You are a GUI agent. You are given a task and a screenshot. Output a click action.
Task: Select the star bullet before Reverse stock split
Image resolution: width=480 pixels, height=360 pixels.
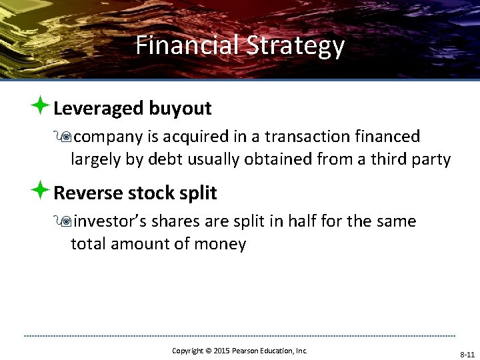click(41, 191)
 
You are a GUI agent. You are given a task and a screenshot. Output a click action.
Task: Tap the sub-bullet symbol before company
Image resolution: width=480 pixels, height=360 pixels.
click(65, 137)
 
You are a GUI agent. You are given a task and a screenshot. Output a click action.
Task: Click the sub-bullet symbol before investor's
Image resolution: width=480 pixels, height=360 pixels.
click(65, 221)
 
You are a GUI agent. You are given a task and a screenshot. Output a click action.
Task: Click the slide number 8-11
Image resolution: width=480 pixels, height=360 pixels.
click(466, 355)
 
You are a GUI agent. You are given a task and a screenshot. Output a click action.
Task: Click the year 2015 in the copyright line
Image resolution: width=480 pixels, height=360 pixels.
click(221, 351)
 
